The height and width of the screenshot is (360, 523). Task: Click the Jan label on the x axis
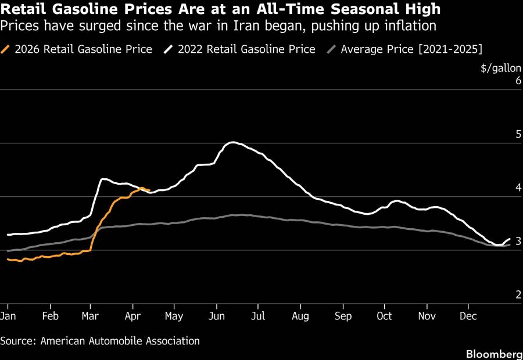(8, 316)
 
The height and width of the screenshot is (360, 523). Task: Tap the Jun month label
(216, 316)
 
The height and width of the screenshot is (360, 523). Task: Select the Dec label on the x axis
(468, 316)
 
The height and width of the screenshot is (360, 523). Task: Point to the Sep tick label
(343, 316)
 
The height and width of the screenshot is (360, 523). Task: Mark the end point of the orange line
(149, 190)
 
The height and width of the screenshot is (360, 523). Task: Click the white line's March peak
(103, 179)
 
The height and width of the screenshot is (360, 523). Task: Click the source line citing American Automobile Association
(100, 341)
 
